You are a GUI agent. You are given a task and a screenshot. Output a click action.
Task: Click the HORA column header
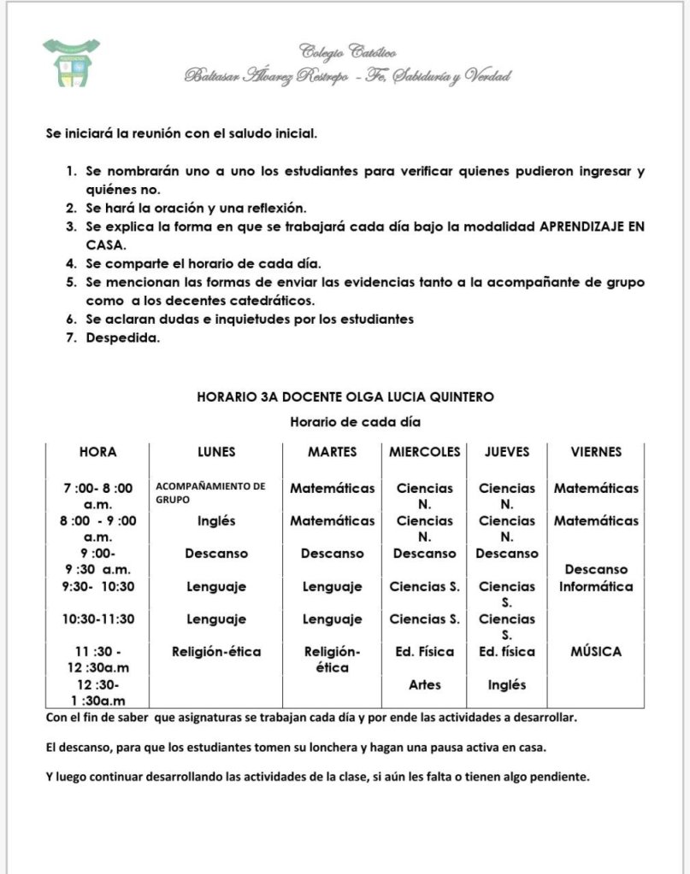click(98, 451)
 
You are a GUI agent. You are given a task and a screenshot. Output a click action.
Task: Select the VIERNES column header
click(596, 451)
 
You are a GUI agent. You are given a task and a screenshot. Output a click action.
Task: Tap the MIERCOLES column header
click(425, 451)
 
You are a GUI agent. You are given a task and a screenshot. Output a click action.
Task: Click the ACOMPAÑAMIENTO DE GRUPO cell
click(210, 492)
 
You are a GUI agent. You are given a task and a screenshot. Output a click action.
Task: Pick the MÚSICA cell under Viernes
click(596, 651)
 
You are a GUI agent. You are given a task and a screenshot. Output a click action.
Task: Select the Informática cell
click(596, 586)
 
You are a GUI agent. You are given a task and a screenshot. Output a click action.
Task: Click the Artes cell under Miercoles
click(425, 684)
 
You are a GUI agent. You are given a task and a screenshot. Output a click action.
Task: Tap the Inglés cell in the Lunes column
click(216, 520)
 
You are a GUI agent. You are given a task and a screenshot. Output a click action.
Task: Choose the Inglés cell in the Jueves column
click(507, 684)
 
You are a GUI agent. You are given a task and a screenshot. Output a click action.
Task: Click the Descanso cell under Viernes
click(596, 569)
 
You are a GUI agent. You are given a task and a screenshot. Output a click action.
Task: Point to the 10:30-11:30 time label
click(98, 619)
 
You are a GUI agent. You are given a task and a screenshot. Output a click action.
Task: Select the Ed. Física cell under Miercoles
click(425, 651)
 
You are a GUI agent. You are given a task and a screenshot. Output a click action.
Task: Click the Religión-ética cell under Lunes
click(216, 651)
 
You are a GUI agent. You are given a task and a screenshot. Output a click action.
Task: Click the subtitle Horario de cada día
click(355, 421)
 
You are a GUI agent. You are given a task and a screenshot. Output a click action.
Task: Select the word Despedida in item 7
click(123, 337)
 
